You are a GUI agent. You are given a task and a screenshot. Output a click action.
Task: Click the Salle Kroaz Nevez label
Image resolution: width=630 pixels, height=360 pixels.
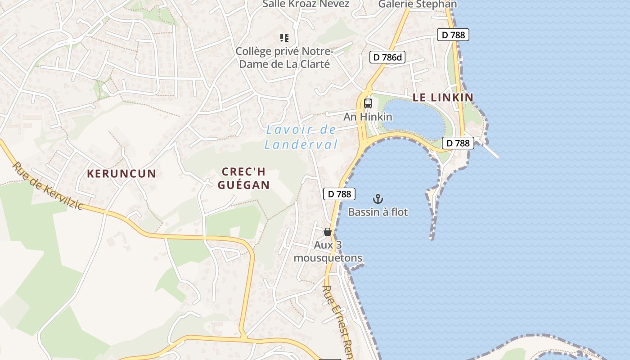tap(306, 4)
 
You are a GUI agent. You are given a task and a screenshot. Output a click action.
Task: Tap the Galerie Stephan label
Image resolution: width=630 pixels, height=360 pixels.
tap(417, 4)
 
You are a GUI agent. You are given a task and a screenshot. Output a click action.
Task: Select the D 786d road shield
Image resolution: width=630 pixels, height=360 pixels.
tap(387, 57)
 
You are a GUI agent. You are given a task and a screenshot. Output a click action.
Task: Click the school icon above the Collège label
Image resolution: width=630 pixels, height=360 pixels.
tap(284, 38)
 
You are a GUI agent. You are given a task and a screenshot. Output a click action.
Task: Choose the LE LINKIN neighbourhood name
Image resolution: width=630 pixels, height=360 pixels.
tap(443, 97)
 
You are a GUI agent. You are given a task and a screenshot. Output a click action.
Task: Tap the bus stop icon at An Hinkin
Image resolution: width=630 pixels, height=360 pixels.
tap(368, 103)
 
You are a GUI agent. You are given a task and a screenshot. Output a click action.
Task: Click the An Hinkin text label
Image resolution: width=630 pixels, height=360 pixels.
tap(368, 117)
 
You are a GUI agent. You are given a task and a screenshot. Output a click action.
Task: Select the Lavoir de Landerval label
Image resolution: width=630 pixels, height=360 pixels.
tap(301, 137)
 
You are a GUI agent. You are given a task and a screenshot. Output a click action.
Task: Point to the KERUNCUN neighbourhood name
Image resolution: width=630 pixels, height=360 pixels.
tap(121, 174)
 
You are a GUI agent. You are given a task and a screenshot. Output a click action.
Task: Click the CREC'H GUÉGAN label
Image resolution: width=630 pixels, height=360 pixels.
tap(243, 178)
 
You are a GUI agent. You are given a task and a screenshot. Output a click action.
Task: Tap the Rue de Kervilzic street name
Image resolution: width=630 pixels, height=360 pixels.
tap(48, 186)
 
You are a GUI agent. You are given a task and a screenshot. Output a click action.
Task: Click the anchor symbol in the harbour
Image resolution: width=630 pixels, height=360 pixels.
tap(378, 199)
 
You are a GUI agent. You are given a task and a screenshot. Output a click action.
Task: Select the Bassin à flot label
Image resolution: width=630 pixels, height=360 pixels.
tap(378, 212)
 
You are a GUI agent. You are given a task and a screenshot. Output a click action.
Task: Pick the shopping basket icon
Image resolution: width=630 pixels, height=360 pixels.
tap(328, 232)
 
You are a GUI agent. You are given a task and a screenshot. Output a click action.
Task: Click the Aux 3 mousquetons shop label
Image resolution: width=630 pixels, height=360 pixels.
tap(328, 252)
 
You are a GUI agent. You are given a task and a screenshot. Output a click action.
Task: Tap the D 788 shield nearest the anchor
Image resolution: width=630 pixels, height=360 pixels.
tap(339, 194)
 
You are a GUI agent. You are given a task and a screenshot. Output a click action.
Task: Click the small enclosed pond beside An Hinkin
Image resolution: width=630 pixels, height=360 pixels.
tap(414, 117)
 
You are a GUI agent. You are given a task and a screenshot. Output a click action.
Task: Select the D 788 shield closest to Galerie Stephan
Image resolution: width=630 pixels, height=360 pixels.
tap(453, 35)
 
